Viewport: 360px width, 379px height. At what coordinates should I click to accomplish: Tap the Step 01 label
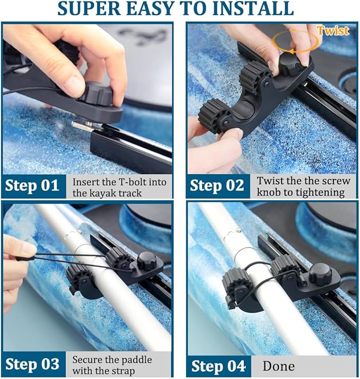click(33, 186)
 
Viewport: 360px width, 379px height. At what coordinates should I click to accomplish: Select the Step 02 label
click(218, 186)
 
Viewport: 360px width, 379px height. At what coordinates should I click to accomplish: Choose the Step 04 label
click(218, 366)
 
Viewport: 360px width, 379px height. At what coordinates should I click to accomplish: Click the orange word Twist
click(333, 30)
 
